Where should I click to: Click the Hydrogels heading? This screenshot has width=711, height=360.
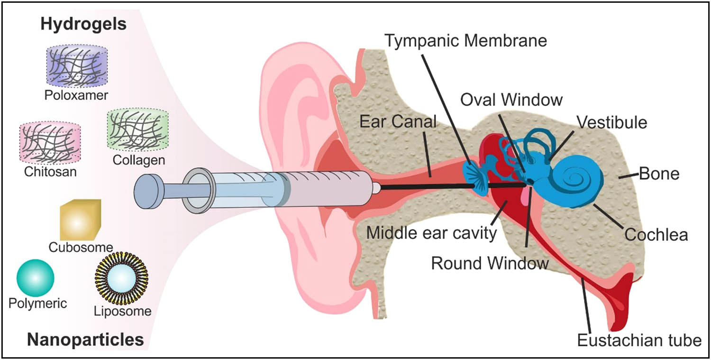point(83,24)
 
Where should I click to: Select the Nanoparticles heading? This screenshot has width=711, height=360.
point(85,340)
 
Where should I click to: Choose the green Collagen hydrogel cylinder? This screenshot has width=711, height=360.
point(138,129)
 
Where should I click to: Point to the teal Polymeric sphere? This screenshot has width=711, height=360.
point(35,278)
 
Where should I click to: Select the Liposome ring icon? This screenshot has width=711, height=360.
point(122,278)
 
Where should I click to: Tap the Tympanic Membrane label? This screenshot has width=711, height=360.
point(465,40)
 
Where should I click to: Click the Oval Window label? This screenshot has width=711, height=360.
point(511,100)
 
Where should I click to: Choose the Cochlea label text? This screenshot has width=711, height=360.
point(656,234)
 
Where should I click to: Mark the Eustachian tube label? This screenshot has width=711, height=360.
point(639,340)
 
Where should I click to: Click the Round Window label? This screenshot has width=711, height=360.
point(490,263)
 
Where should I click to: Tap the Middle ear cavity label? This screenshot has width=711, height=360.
point(431,233)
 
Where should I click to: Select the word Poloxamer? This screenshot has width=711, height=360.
point(76,95)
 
